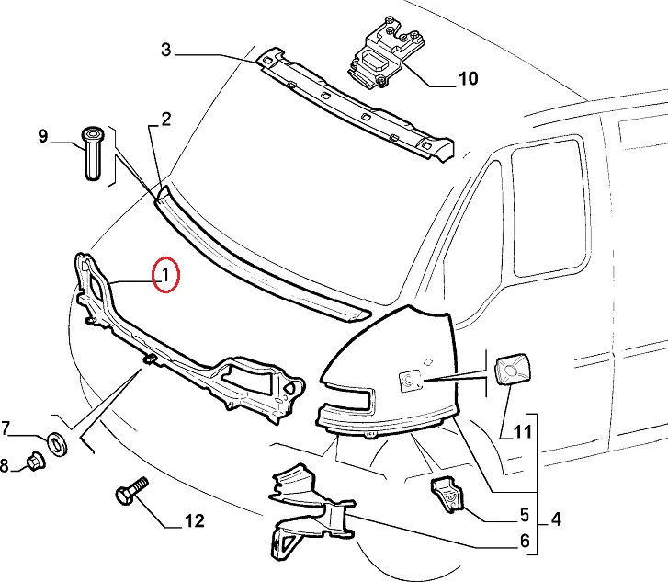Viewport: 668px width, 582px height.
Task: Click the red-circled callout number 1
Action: click(166, 274)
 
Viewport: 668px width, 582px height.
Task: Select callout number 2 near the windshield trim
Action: click(166, 118)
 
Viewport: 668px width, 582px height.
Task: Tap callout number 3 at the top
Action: click(166, 50)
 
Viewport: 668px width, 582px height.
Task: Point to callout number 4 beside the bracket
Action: click(556, 519)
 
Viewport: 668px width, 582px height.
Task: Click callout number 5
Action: click(525, 515)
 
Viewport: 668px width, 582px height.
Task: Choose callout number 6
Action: click(525, 542)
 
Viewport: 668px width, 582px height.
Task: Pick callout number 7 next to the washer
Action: click(6, 428)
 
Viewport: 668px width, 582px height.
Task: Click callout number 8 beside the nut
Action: click(5, 466)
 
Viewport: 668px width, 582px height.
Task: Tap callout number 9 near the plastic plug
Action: click(43, 137)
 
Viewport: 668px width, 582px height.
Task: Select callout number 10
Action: click(468, 78)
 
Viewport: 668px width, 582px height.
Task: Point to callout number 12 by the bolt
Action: click(194, 522)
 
